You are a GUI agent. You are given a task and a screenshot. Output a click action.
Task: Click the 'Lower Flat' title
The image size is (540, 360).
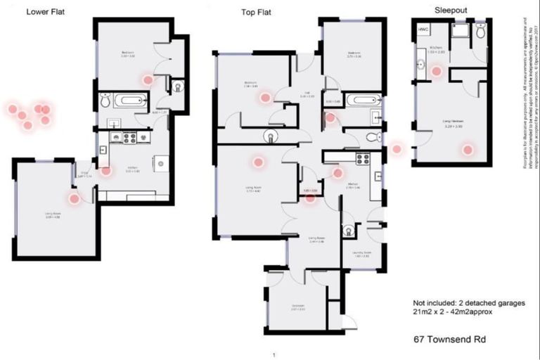46,12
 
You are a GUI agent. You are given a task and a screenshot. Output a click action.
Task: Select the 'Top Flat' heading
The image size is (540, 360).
256,12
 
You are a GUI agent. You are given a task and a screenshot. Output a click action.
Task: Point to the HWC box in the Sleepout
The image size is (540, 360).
423,30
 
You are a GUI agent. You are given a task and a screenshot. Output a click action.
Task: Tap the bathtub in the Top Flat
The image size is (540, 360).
362,100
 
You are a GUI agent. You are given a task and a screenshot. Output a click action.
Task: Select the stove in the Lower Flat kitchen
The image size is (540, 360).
129,138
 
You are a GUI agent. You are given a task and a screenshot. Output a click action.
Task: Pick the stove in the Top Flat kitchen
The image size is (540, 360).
363,159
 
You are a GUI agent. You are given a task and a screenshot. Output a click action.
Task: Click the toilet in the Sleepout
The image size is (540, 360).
481,32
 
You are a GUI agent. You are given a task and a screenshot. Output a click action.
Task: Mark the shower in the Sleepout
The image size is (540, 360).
461,31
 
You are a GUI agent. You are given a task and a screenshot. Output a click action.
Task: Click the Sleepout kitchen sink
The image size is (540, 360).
420,65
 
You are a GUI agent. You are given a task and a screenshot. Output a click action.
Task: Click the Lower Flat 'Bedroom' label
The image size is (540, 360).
127,52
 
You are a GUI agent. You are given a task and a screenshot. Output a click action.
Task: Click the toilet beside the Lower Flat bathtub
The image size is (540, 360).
105,101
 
